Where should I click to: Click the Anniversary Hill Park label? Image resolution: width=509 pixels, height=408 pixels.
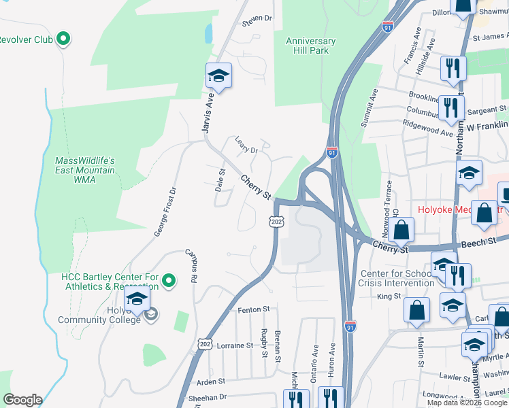tap(310, 46)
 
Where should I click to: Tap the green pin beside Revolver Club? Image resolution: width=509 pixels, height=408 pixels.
tap(63, 39)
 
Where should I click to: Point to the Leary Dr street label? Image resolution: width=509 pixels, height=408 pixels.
tap(246, 145)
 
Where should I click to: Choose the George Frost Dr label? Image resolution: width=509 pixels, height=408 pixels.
tap(164, 211)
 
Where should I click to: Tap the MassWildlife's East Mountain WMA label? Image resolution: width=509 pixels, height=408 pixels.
tap(85, 170)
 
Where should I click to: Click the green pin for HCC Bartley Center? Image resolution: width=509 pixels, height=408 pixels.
tap(171, 279)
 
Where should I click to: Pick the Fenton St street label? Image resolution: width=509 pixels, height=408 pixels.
tap(254, 310)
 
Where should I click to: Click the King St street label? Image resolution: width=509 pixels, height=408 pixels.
tap(389, 296)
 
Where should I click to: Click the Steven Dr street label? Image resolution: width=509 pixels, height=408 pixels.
tap(257, 18)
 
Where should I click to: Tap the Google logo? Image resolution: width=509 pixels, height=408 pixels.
tap(22, 400)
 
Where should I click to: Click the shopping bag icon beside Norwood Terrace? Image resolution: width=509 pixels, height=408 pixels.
tap(403, 231)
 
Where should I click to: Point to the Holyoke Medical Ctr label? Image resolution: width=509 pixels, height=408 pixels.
tap(449, 209)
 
